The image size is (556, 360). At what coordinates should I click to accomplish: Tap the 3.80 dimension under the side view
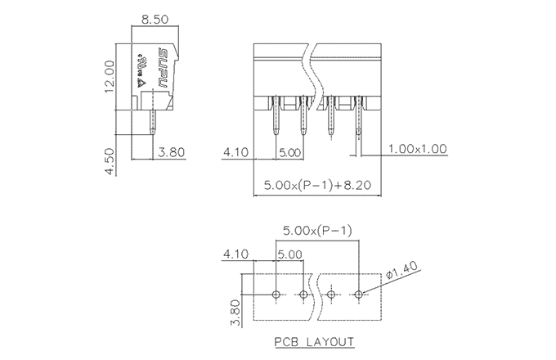click(172, 152)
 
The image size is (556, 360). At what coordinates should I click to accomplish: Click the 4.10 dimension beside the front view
click(236, 152)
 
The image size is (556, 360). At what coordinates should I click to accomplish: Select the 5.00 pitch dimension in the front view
click(289, 152)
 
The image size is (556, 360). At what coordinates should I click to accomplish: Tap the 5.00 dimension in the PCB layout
click(289, 254)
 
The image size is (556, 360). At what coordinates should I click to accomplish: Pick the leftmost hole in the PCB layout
click(276, 294)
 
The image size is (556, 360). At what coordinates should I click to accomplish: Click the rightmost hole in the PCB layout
click(359, 294)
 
